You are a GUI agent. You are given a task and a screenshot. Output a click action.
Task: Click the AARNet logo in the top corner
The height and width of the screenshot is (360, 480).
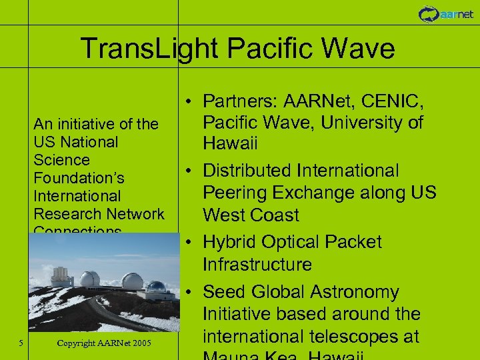coord(446,13)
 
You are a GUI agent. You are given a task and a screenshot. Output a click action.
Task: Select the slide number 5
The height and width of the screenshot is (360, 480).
coord(21,343)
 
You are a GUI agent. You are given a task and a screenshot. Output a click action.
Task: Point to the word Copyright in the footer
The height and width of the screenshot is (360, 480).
coord(79,343)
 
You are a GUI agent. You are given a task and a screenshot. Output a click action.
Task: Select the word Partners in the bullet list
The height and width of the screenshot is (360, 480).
coord(240,101)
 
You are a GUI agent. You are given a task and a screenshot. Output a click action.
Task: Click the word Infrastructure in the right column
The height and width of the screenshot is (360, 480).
coord(257,265)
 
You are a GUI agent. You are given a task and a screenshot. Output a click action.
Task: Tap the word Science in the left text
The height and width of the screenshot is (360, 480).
coord(61,160)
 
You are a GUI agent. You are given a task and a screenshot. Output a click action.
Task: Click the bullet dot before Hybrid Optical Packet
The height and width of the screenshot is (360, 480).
coord(190,242)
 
